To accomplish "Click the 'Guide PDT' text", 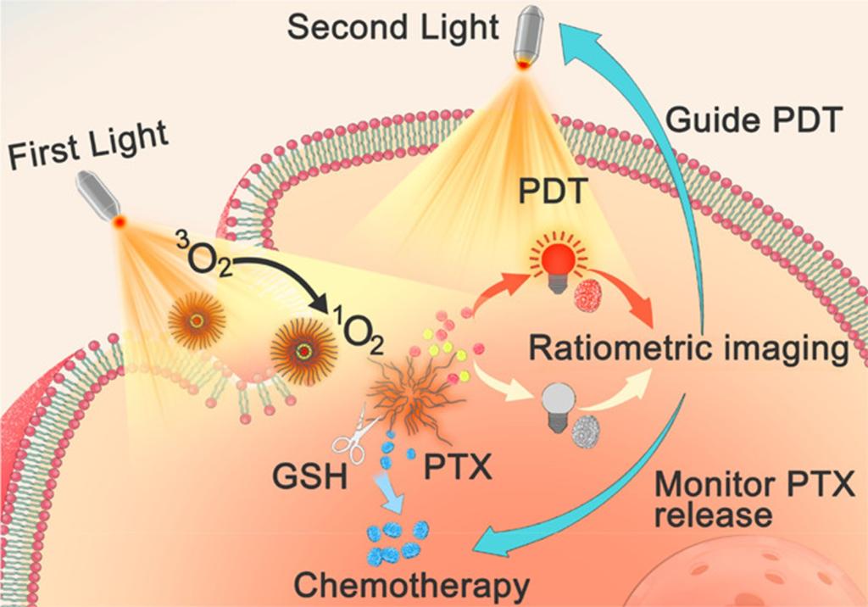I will click(753, 120).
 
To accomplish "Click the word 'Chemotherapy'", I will click(411, 586).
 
